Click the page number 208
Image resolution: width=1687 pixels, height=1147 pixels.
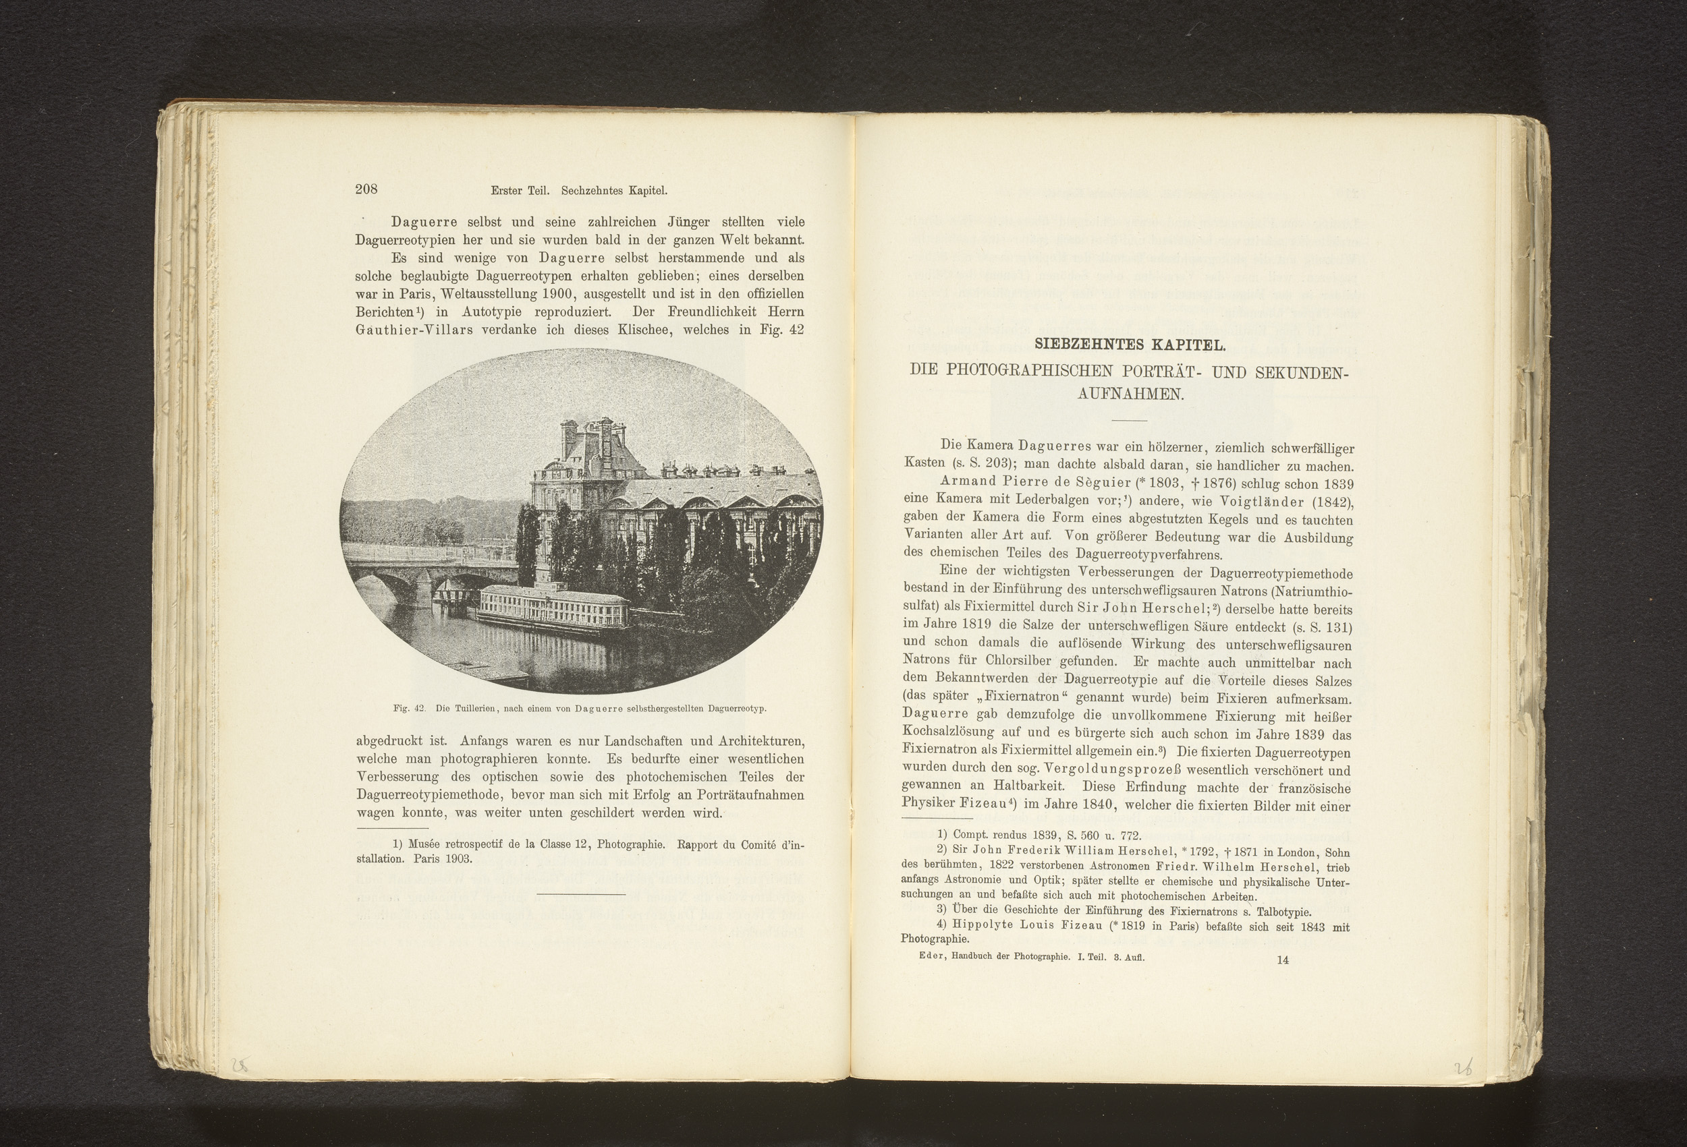tap(366, 190)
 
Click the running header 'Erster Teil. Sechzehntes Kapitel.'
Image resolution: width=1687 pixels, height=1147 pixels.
tap(578, 192)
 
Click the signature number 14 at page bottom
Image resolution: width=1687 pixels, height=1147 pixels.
tap(1282, 960)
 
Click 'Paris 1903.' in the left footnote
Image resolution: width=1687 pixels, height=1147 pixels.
tap(443, 858)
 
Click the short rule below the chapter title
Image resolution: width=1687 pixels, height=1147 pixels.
tap(1129, 421)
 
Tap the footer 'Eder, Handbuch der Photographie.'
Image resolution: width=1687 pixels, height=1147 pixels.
tap(994, 957)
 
